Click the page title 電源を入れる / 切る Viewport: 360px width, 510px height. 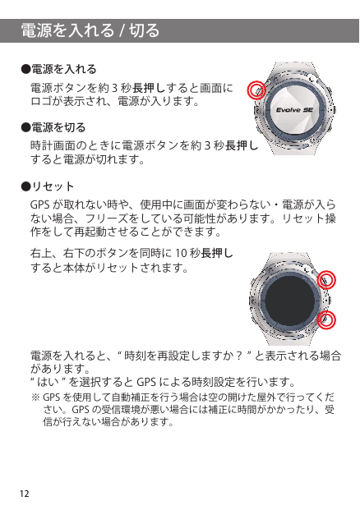click(x=90, y=30)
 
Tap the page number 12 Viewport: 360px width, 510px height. click(x=25, y=494)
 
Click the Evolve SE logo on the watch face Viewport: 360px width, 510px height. click(x=294, y=110)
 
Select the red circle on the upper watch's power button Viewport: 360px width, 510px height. click(x=256, y=90)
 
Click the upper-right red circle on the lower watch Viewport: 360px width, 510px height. click(x=326, y=279)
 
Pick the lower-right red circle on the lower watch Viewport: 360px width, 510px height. click(x=326, y=319)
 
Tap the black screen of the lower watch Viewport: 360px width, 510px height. click(x=290, y=300)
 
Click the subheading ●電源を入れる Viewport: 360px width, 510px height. click(x=59, y=69)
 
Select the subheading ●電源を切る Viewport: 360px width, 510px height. click(x=53, y=127)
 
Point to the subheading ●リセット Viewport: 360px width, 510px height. click(x=48, y=186)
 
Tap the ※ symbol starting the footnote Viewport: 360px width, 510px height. click(x=35, y=397)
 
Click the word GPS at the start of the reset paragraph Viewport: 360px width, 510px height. click(x=40, y=205)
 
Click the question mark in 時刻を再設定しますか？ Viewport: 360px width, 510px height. click(x=239, y=356)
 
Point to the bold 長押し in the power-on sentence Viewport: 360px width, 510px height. click(x=149, y=88)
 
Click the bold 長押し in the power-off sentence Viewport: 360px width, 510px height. click(x=242, y=145)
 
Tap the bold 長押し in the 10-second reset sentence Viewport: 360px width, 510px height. click(x=217, y=253)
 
